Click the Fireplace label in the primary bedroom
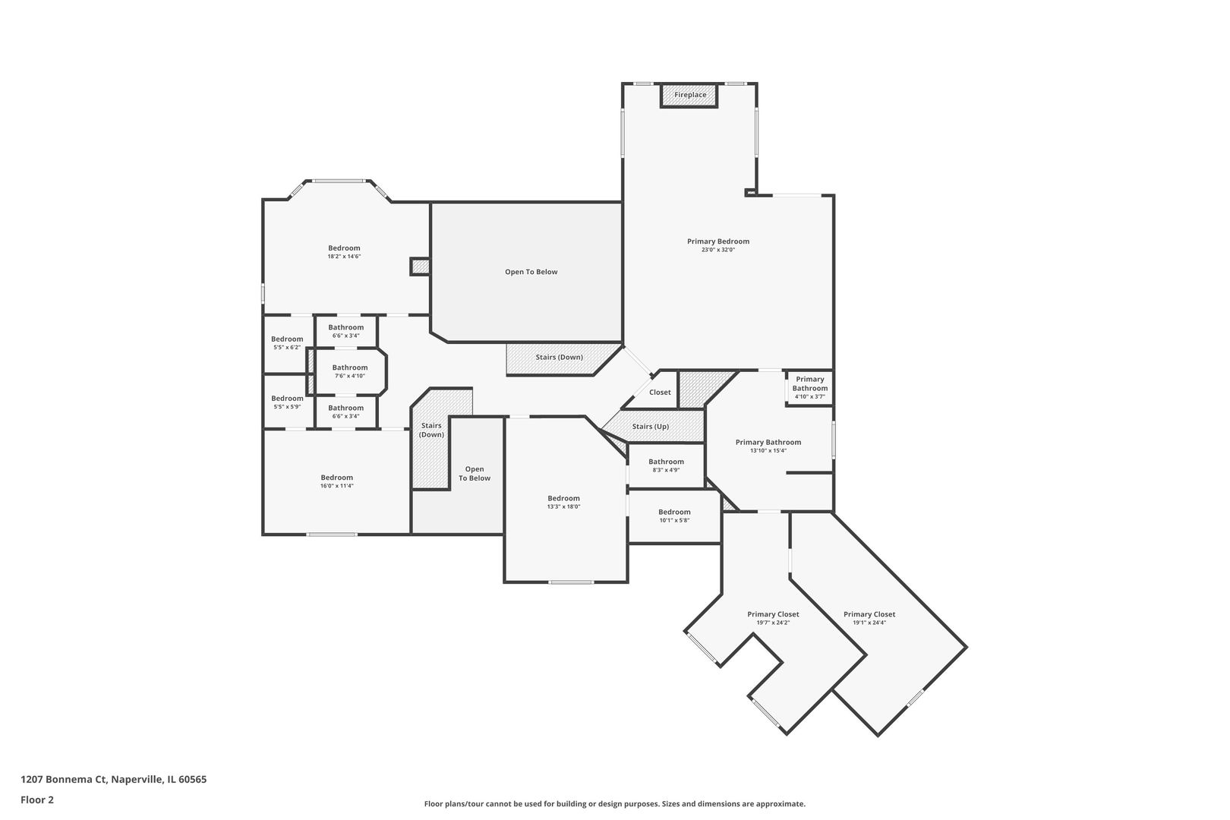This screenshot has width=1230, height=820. (x=690, y=95)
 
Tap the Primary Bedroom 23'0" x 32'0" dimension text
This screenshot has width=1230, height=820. (x=718, y=250)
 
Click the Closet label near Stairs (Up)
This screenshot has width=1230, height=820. (x=660, y=392)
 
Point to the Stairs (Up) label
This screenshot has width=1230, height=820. (x=650, y=427)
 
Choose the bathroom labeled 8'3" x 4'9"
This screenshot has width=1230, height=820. (x=666, y=465)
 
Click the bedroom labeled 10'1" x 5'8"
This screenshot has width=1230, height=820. (x=674, y=516)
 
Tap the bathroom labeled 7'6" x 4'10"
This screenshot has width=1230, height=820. (x=350, y=371)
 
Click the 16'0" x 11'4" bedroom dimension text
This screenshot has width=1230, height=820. (x=337, y=486)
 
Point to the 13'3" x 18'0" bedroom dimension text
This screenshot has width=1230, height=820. (x=564, y=507)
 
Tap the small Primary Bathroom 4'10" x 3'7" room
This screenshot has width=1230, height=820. (x=810, y=388)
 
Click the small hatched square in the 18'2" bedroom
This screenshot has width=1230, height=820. (x=420, y=267)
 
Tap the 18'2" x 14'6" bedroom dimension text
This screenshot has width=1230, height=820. (x=344, y=257)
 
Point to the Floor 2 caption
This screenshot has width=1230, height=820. (x=37, y=799)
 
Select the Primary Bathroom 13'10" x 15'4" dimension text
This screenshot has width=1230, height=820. (x=768, y=451)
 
